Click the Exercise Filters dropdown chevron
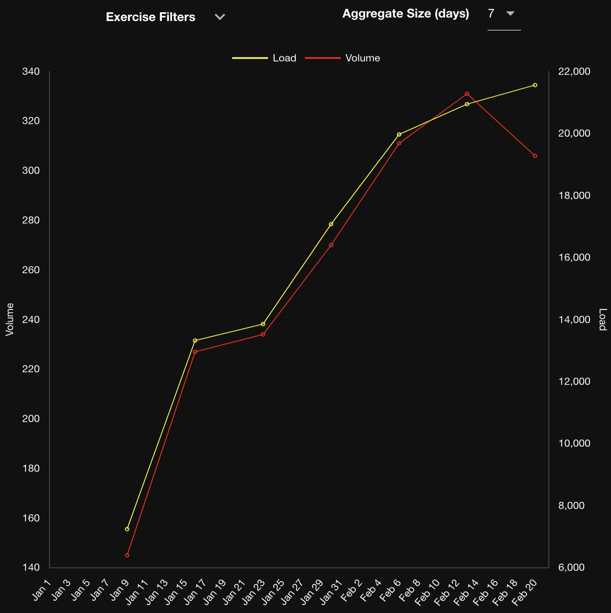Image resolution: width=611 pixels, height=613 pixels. click(x=220, y=17)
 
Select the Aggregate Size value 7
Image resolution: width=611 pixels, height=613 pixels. click(x=492, y=14)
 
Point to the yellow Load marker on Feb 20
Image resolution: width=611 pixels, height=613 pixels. click(x=535, y=85)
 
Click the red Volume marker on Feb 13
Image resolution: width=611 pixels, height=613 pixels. click(x=467, y=94)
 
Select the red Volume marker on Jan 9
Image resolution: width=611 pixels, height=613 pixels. click(x=127, y=555)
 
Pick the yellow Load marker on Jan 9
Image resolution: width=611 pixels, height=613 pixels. click(x=127, y=529)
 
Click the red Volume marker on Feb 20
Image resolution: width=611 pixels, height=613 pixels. click(x=535, y=156)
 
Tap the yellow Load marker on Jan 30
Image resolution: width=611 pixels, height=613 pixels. click(x=331, y=224)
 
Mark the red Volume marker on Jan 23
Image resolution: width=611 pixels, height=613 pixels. click(x=263, y=335)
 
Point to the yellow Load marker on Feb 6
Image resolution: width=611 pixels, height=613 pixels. click(x=399, y=134)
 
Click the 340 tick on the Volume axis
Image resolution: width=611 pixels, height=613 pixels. click(x=31, y=71)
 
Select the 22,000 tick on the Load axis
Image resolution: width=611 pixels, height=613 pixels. click(x=574, y=71)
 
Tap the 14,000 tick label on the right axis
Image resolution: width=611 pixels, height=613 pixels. click(x=574, y=320)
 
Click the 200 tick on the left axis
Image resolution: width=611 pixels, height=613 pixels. click(x=31, y=419)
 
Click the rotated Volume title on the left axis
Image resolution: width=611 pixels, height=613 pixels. click(x=10, y=319)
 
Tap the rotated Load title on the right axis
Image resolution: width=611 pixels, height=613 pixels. click(x=603, y=319)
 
